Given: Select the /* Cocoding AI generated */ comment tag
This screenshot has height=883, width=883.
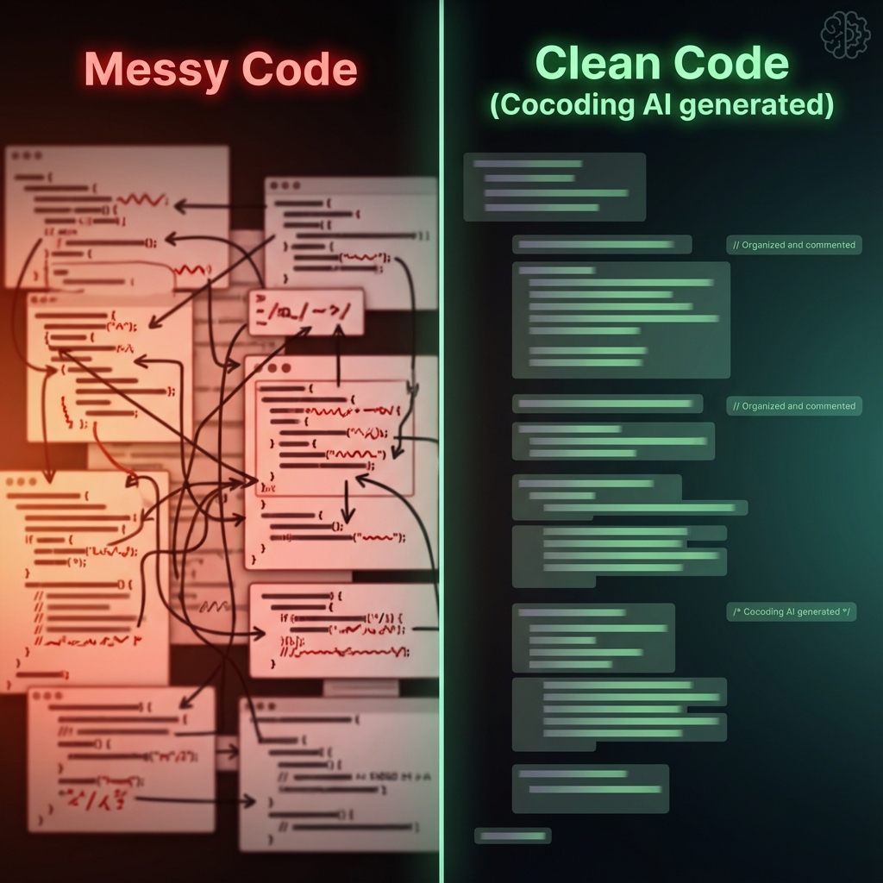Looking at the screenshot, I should tap(791, 611).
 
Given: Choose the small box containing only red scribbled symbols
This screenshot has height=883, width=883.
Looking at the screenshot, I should tap(306, 312).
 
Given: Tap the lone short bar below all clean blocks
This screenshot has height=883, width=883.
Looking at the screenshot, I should tap(512, 836).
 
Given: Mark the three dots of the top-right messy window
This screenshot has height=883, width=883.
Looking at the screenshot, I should tap(285, 186).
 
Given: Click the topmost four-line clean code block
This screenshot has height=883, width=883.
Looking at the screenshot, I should tap(554, 186).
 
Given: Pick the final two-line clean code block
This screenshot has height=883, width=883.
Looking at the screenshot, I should tap(590, 788).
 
